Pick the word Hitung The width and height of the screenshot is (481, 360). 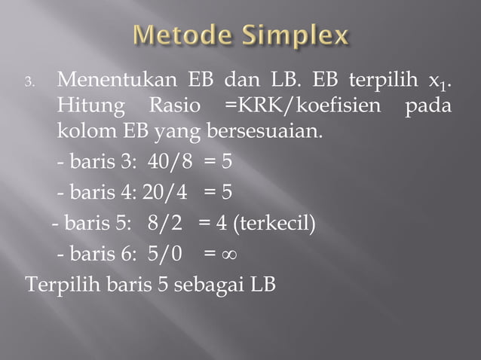87,106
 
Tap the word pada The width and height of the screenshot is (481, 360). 427,106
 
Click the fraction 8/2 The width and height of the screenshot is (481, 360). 170,223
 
